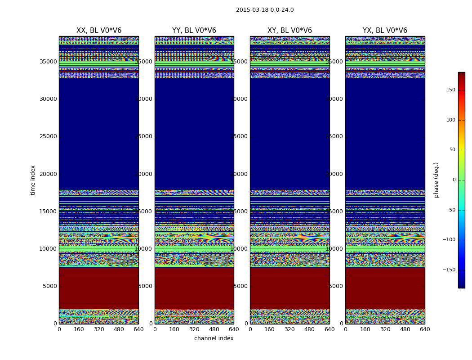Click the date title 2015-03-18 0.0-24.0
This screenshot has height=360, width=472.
tap(265, 10)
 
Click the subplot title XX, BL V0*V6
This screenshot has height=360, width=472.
tap(99, 31)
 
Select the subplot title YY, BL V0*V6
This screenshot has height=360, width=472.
tap(194, 31)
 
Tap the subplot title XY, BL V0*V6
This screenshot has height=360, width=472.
tap(289, 31)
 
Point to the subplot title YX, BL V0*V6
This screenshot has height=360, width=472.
tap(385, 31)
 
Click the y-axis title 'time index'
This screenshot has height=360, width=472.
tap(33, 180)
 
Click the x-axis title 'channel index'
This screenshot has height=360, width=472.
tap(214, 338)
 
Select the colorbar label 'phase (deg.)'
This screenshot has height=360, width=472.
tap(436, 180)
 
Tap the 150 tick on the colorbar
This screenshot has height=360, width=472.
tap(450, 90)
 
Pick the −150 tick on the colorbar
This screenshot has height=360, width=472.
tap(450, 270)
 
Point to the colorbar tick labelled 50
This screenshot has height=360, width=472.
tap(452, 150)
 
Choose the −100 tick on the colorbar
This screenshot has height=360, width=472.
tap(450, 240)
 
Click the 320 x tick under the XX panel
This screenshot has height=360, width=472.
tap(99, 329)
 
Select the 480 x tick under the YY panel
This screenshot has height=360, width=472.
tap(214, 329)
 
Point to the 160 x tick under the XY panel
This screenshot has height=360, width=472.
tap(270, 329)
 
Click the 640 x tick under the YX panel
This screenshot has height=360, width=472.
tap(425, 329)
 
